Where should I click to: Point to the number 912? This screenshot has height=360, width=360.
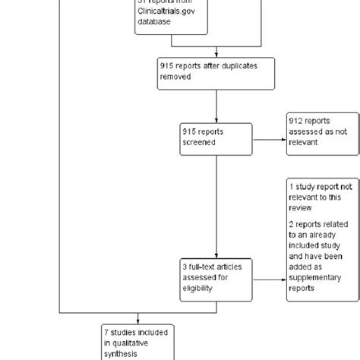coord(297,120)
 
